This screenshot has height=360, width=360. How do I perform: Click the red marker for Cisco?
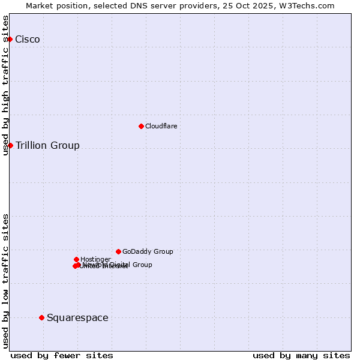[10, 39]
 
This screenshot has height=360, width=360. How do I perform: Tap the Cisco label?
[28, 40]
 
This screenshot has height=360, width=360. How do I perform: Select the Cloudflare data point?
[141, 126]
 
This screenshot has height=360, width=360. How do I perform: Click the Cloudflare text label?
[161, 127]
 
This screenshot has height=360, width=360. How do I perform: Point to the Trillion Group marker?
[10, 145]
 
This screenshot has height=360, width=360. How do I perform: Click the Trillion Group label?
[47, 146]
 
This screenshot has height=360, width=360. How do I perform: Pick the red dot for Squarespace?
[41, 317]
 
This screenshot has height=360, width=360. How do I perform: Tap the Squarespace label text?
[77, 318]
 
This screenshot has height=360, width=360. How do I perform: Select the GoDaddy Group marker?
[118, 251]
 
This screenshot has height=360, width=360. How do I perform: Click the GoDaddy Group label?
[148, 252]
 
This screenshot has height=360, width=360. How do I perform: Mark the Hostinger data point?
[76, 259]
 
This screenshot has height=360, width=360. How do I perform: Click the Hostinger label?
[95, 260]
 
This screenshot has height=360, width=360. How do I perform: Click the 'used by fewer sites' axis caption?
[62, 355]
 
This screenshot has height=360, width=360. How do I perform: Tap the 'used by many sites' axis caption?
[301, 355]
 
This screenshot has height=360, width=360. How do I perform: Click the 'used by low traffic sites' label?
[5, 280]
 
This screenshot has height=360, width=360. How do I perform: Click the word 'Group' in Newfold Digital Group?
[142, 265]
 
